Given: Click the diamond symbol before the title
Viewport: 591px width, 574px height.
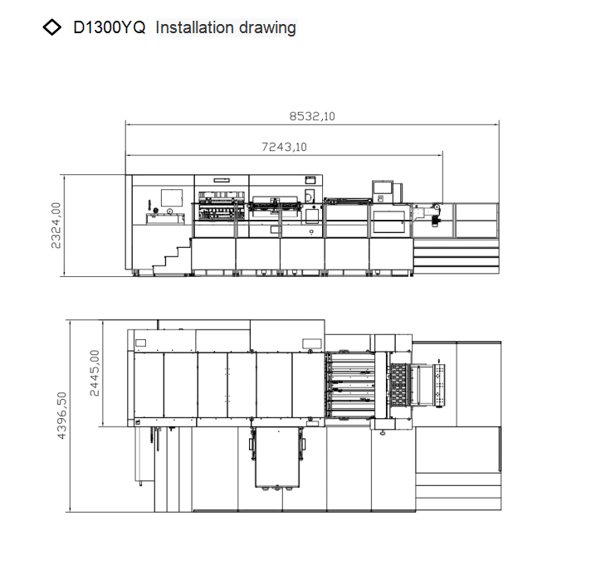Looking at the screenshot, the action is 52,27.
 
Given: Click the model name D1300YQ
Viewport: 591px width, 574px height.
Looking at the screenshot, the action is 110,27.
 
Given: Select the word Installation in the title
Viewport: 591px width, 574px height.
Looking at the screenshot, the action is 194,27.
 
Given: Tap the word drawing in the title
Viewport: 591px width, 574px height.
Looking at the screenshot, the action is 267,28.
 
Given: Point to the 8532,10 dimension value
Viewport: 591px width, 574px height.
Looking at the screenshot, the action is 312,116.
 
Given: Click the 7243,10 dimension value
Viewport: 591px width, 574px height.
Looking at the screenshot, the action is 284,147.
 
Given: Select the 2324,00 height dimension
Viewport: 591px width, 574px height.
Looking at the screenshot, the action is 56,226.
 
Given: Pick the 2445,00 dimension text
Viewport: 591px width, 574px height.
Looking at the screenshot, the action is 95,373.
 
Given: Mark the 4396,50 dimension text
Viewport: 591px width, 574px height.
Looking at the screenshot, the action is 61,416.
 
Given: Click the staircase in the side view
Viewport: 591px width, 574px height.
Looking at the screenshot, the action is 173,257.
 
